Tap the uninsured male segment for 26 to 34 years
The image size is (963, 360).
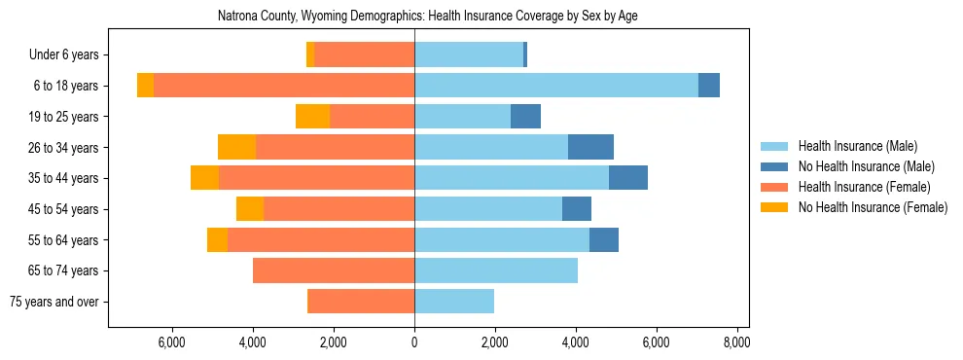pos(590,147)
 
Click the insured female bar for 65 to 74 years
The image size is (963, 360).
pos(334,270)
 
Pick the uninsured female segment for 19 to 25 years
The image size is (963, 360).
pos(312,117)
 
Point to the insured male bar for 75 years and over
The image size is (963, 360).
pos(454,302)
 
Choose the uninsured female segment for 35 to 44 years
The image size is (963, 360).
pos(204,178)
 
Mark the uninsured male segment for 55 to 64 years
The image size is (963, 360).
pos(604,239)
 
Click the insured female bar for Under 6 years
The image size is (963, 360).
pos(365,54)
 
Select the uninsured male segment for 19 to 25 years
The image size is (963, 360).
pos(525,117)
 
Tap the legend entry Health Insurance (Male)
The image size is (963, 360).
pos(857,146)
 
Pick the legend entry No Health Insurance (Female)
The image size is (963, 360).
pos(873,207)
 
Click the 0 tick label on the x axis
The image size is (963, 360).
pos(414,342)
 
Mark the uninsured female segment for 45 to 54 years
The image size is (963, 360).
pos(250,209)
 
